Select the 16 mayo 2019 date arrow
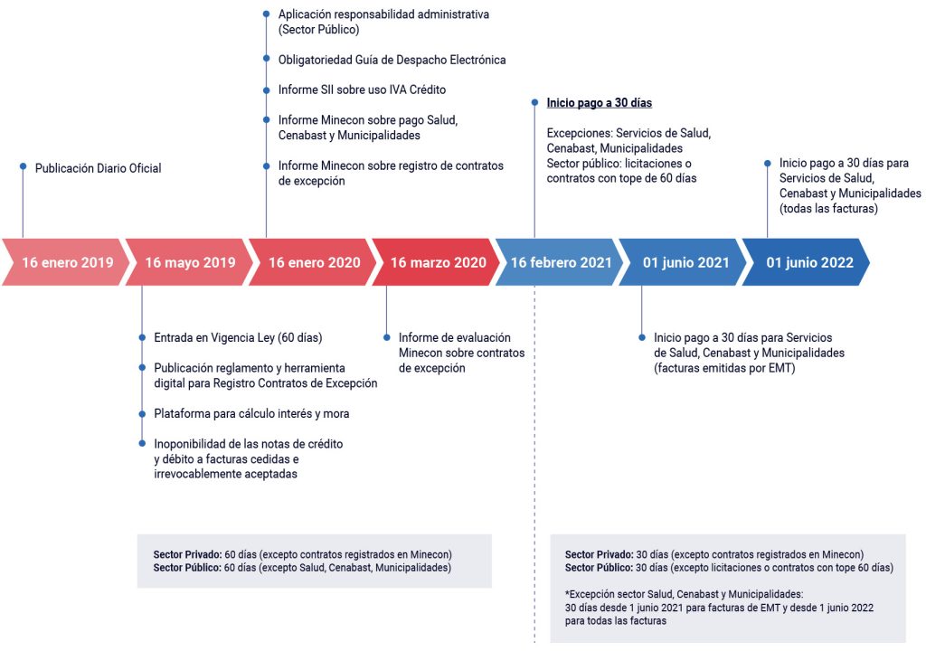pos(189,262)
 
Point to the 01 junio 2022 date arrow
pos(806,262)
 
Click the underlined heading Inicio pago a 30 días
pos(600,103)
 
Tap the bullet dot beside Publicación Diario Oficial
pos(23,166)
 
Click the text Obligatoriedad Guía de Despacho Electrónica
pos(392,60)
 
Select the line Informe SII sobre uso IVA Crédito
pos(362,90)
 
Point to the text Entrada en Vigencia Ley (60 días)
pos(238,338)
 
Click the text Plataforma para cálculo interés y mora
pos(251,413)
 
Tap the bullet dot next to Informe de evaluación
pos(387,338)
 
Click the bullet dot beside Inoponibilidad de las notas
pos(142,443)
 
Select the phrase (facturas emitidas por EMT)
pos(724,368)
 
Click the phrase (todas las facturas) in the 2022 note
pos(828,209)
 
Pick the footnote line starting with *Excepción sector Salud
pos(684,594)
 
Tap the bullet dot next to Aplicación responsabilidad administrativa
pos(267,14)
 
